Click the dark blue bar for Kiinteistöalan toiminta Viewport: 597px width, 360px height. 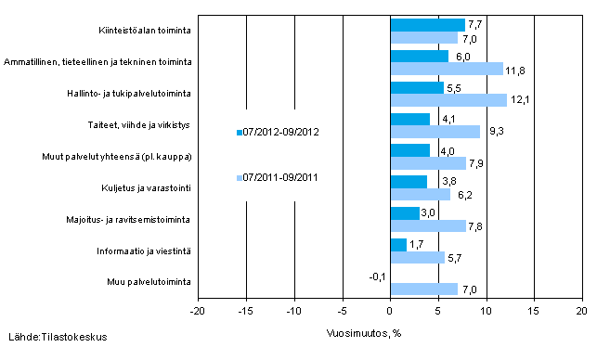[x=427, y=24]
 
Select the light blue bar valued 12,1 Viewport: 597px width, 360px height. [x=448, y=99]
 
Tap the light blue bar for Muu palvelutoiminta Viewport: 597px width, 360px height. [x=423, y=289]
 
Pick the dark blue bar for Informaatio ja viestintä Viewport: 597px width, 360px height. [x=398, y=245]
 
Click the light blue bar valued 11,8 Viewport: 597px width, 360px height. [x=447, y=68]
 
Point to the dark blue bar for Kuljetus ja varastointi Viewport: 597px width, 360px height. [x=409, y=182]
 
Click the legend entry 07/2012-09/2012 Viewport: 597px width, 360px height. [x=281, y=132]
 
